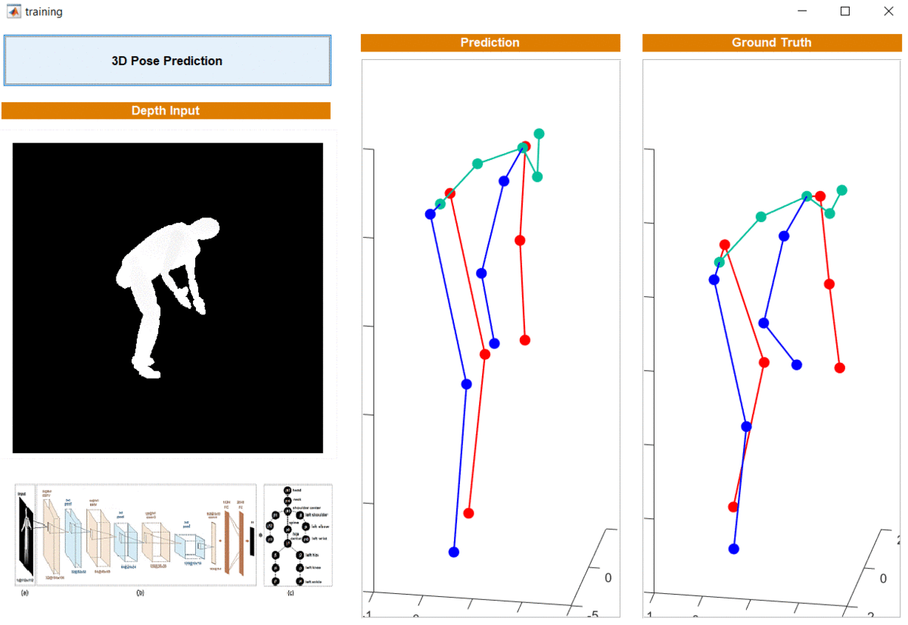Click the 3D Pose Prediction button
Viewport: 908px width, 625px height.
[x=167, y=61]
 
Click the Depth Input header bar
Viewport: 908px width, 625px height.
[x=166, y=111]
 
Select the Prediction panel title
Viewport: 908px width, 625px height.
[x=490, y=43]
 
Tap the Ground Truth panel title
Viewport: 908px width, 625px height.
[x=771, y=43]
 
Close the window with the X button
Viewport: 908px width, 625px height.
[x=888, y=11]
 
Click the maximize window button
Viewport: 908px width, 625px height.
[x=845, y=11]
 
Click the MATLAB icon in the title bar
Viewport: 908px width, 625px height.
[x=13, y=11]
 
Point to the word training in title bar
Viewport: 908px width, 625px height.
[x=44, y=12]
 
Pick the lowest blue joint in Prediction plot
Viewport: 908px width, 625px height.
[x=454, y=552]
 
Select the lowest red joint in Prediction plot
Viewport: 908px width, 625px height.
[x=468, y=513]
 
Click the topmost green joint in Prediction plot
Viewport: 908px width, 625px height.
[x=539, y=133]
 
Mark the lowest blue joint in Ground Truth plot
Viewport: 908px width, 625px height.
[x=733, y=548]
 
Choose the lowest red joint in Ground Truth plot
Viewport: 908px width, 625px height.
[x=732, y=506]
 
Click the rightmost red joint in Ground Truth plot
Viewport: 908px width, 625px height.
[x=839, y=368]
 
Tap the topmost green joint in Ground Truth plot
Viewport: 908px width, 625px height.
[x=842, y=190]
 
